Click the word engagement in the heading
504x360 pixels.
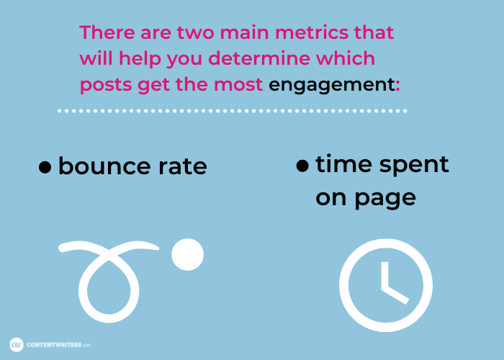click(332, 86)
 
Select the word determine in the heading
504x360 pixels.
click(259, 58)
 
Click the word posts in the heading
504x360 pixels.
click(106, 86)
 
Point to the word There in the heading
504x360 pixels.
click(107, 32)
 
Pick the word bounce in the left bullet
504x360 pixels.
click(104, 166)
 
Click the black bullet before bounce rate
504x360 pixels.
click(45, 167)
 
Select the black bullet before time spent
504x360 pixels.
click(302, 165)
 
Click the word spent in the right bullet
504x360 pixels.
click(414, 166)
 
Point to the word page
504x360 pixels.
click(385, 198)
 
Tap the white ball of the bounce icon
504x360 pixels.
click(188, 254)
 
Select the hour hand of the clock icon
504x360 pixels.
click(395, 294)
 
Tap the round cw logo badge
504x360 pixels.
click(17, 345)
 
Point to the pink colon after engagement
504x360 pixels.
click(398, 86)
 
